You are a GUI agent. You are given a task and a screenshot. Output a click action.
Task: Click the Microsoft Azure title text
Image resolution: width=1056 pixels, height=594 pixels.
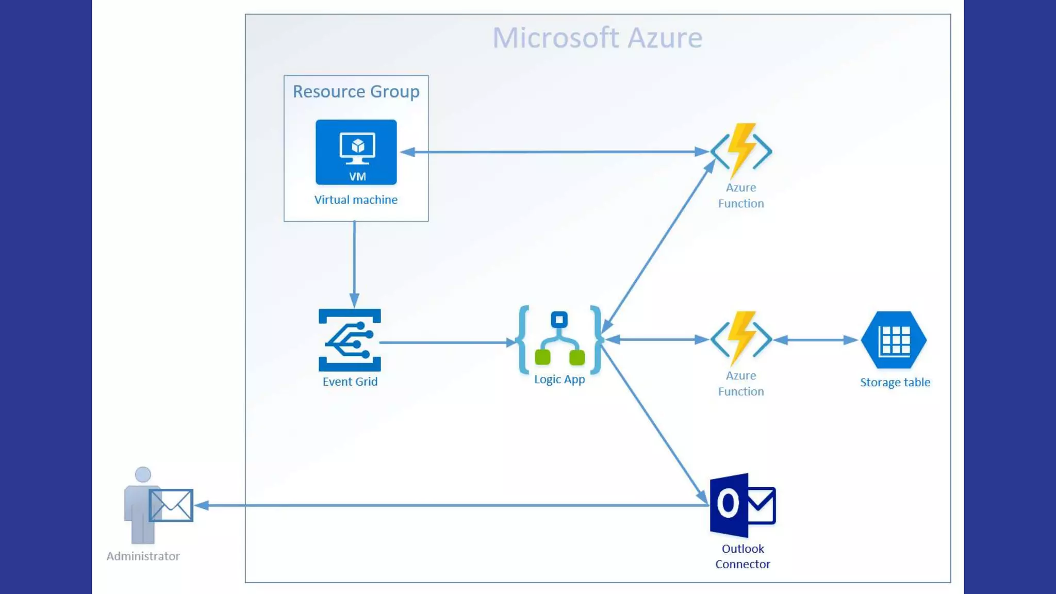597,38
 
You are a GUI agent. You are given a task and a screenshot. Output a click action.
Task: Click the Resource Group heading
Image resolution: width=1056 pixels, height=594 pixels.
356,92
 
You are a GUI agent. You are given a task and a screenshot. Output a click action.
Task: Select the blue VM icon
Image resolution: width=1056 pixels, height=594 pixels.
356,152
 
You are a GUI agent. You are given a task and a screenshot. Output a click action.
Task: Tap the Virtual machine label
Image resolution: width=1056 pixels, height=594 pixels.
356,200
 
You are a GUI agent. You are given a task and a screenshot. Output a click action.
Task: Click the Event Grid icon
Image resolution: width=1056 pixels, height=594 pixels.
350,340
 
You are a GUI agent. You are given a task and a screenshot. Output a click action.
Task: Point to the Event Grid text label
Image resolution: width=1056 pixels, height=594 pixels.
350,382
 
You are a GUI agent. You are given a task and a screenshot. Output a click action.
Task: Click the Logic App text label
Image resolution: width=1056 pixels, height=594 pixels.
559,379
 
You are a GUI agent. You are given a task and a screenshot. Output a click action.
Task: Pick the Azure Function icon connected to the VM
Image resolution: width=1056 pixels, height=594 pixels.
741,151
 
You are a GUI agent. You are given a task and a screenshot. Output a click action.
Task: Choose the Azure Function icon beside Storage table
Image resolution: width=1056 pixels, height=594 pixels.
741,339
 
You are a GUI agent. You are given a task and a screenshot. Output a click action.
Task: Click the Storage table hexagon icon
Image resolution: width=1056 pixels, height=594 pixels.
894,340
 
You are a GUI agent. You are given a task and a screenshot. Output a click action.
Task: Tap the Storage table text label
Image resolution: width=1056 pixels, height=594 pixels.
895,383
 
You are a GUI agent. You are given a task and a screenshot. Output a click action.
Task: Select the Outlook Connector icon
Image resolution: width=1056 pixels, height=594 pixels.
742,505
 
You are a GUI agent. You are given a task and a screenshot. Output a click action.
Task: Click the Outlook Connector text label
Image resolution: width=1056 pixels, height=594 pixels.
742,556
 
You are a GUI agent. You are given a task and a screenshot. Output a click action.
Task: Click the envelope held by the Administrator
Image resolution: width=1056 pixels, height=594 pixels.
171,505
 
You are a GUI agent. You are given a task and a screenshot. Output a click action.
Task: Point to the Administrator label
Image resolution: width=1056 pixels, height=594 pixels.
143,556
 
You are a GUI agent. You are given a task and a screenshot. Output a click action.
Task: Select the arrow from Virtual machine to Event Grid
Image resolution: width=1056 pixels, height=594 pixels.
354,263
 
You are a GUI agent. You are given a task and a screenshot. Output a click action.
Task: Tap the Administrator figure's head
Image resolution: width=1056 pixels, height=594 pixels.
143,474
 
